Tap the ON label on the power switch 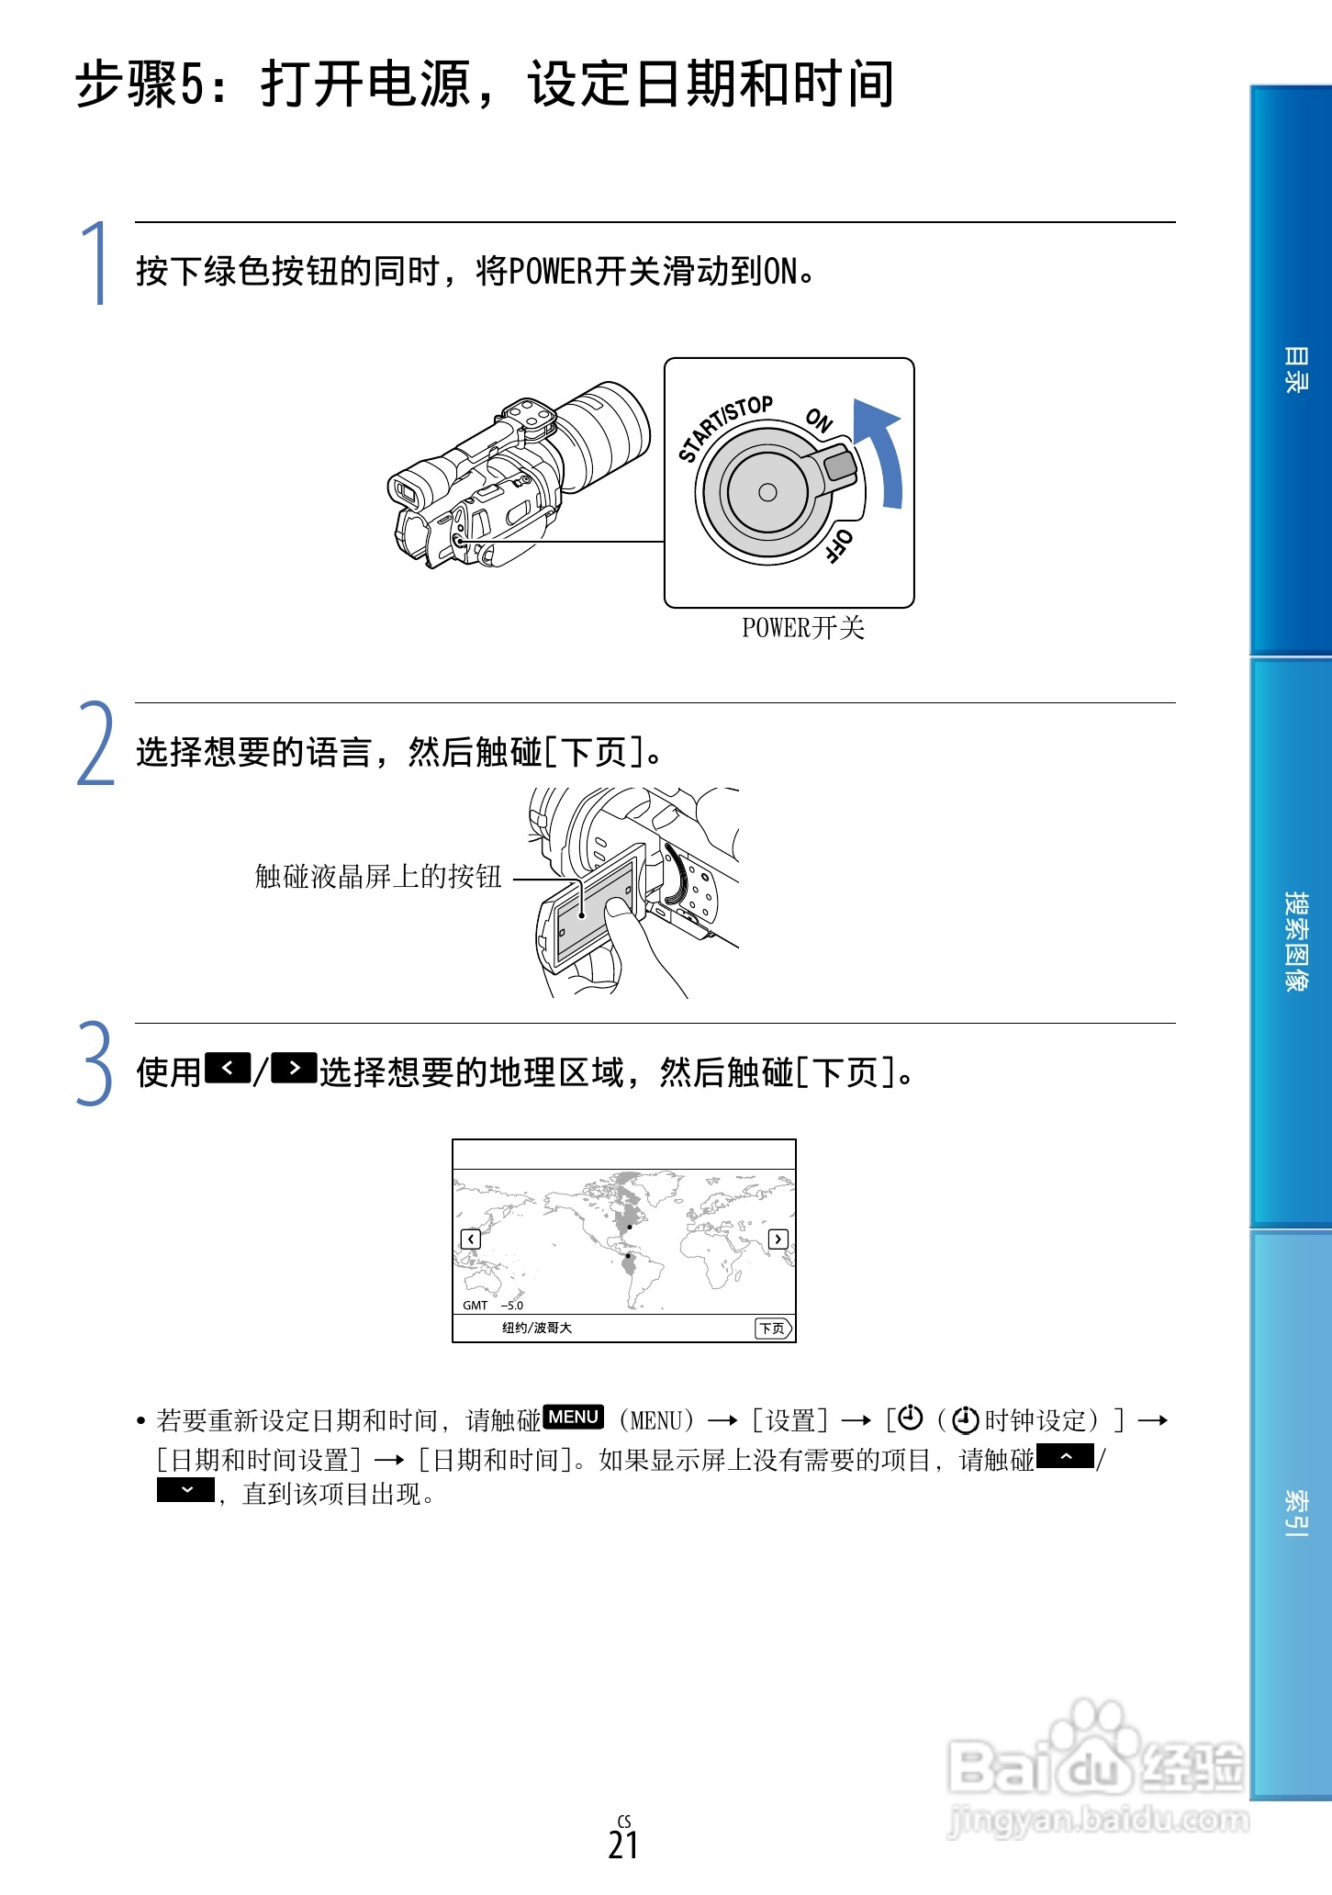point(819,420)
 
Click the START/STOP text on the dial point(724,428)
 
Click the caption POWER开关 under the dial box point(803,628)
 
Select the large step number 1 point(95,264)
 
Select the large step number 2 point(95,744)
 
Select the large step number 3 point(95,1064)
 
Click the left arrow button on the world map point(470,1239)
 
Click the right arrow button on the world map point(778,1239)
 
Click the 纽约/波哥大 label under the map point(537,1328)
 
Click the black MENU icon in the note point(574,1417)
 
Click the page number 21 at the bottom point(623,1845)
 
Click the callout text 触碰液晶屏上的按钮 point(378,877)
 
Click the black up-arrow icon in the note point(1065,1457)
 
